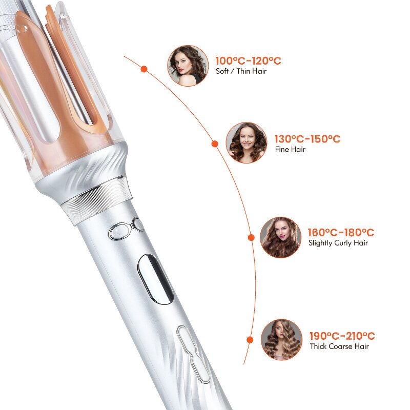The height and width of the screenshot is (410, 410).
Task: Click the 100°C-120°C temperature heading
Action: pyautogui.click(x=248, y=61)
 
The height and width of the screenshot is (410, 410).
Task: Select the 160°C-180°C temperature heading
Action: pyautogui.click(x=341, y=232)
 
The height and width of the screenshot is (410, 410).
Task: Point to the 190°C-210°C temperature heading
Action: pyautogui.click(x=342, y=336)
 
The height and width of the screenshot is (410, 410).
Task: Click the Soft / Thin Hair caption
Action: pyautogui.click(x=241, y=72)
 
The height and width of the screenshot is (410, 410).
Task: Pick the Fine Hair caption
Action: pyautogui.click(x=290, y=150)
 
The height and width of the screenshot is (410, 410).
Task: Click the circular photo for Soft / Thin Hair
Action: pyautogui.click(x=188, y=66)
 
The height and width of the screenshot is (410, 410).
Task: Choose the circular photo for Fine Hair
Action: pyautogui.click(x=247, y=142)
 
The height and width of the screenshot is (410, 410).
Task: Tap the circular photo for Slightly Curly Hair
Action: pyautogui.click(x=281, y=237)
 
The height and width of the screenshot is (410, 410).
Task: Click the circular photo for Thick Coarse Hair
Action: pyautogui.click(x=281, y=339)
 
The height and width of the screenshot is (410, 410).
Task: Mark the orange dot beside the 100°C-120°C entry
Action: pyautogui.click(x=144, y=69)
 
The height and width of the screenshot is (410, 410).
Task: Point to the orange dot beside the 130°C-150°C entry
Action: pyautogui.click(x=215, y=145)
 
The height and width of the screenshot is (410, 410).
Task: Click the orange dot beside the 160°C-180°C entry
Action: pyautogui.click(x=251, y=237)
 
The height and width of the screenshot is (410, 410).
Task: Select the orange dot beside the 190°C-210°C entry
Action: pyautogui.click(x=250, y=339)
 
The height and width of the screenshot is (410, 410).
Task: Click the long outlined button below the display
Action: pyautogui.click(x=193, y=354)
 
